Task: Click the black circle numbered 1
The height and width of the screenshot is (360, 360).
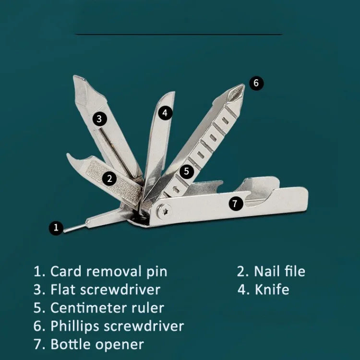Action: (x=56, y=228)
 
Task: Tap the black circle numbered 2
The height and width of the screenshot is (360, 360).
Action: (x=109, y=179)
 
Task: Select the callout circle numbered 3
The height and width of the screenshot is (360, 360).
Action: (x=99, y=119)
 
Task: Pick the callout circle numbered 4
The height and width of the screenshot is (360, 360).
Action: (x=165, y=113)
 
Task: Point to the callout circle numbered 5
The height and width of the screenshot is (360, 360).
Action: (x=186, y=171)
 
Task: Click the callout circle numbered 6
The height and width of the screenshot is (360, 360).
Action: (x=256, y=83)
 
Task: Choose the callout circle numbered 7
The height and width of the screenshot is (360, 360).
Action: (x=236, y=204)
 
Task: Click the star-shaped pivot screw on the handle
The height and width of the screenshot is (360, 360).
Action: (x=164, y=211)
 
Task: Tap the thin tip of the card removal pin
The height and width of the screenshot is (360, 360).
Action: (x=65, y=230)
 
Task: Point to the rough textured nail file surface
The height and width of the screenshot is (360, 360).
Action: (x=112, y=180)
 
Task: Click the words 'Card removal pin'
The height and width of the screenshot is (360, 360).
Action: (x=109, y=272)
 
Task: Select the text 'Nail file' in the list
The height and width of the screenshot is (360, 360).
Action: (x=280, y=271)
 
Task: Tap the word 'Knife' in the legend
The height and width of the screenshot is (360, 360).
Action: (x=272, y=289)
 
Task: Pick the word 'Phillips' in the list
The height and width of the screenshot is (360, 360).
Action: (x=75, y=326)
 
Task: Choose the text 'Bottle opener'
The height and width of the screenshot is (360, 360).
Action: (x=97, y=344)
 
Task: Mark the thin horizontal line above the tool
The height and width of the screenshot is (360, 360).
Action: (x=179, y=35)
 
